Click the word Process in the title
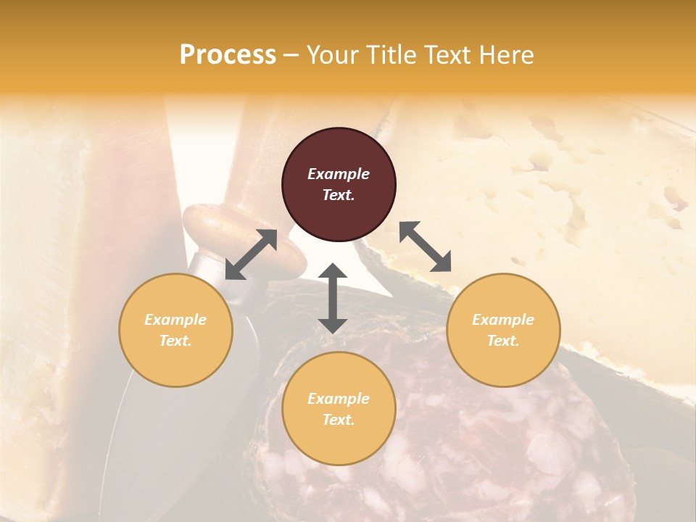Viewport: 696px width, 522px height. coord(228,55)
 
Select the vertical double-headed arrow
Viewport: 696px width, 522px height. coord(333,298)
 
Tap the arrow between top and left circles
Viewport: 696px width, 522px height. coord(251,254)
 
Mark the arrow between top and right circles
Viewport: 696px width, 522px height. coord(425,246)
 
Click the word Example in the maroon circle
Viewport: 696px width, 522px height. coord(339,174)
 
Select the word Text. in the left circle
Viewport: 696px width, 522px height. coord(175,341)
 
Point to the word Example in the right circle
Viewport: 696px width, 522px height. coord(503,320)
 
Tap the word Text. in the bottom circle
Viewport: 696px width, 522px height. coord(339,420)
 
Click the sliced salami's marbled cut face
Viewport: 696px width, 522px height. coord(464,449)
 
